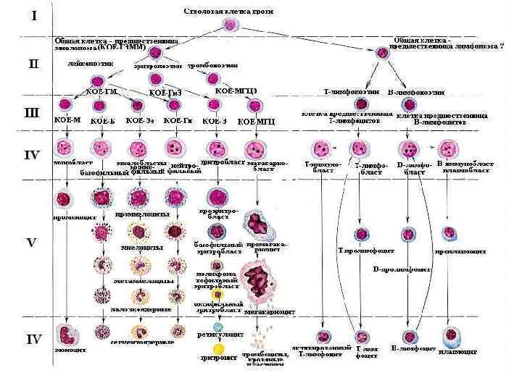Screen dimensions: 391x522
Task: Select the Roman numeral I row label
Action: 33,16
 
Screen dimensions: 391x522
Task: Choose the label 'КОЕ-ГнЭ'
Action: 166,92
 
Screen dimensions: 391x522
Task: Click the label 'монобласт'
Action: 68,164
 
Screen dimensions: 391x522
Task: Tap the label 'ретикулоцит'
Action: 216,335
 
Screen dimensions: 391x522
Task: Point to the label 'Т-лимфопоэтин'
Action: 347,91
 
